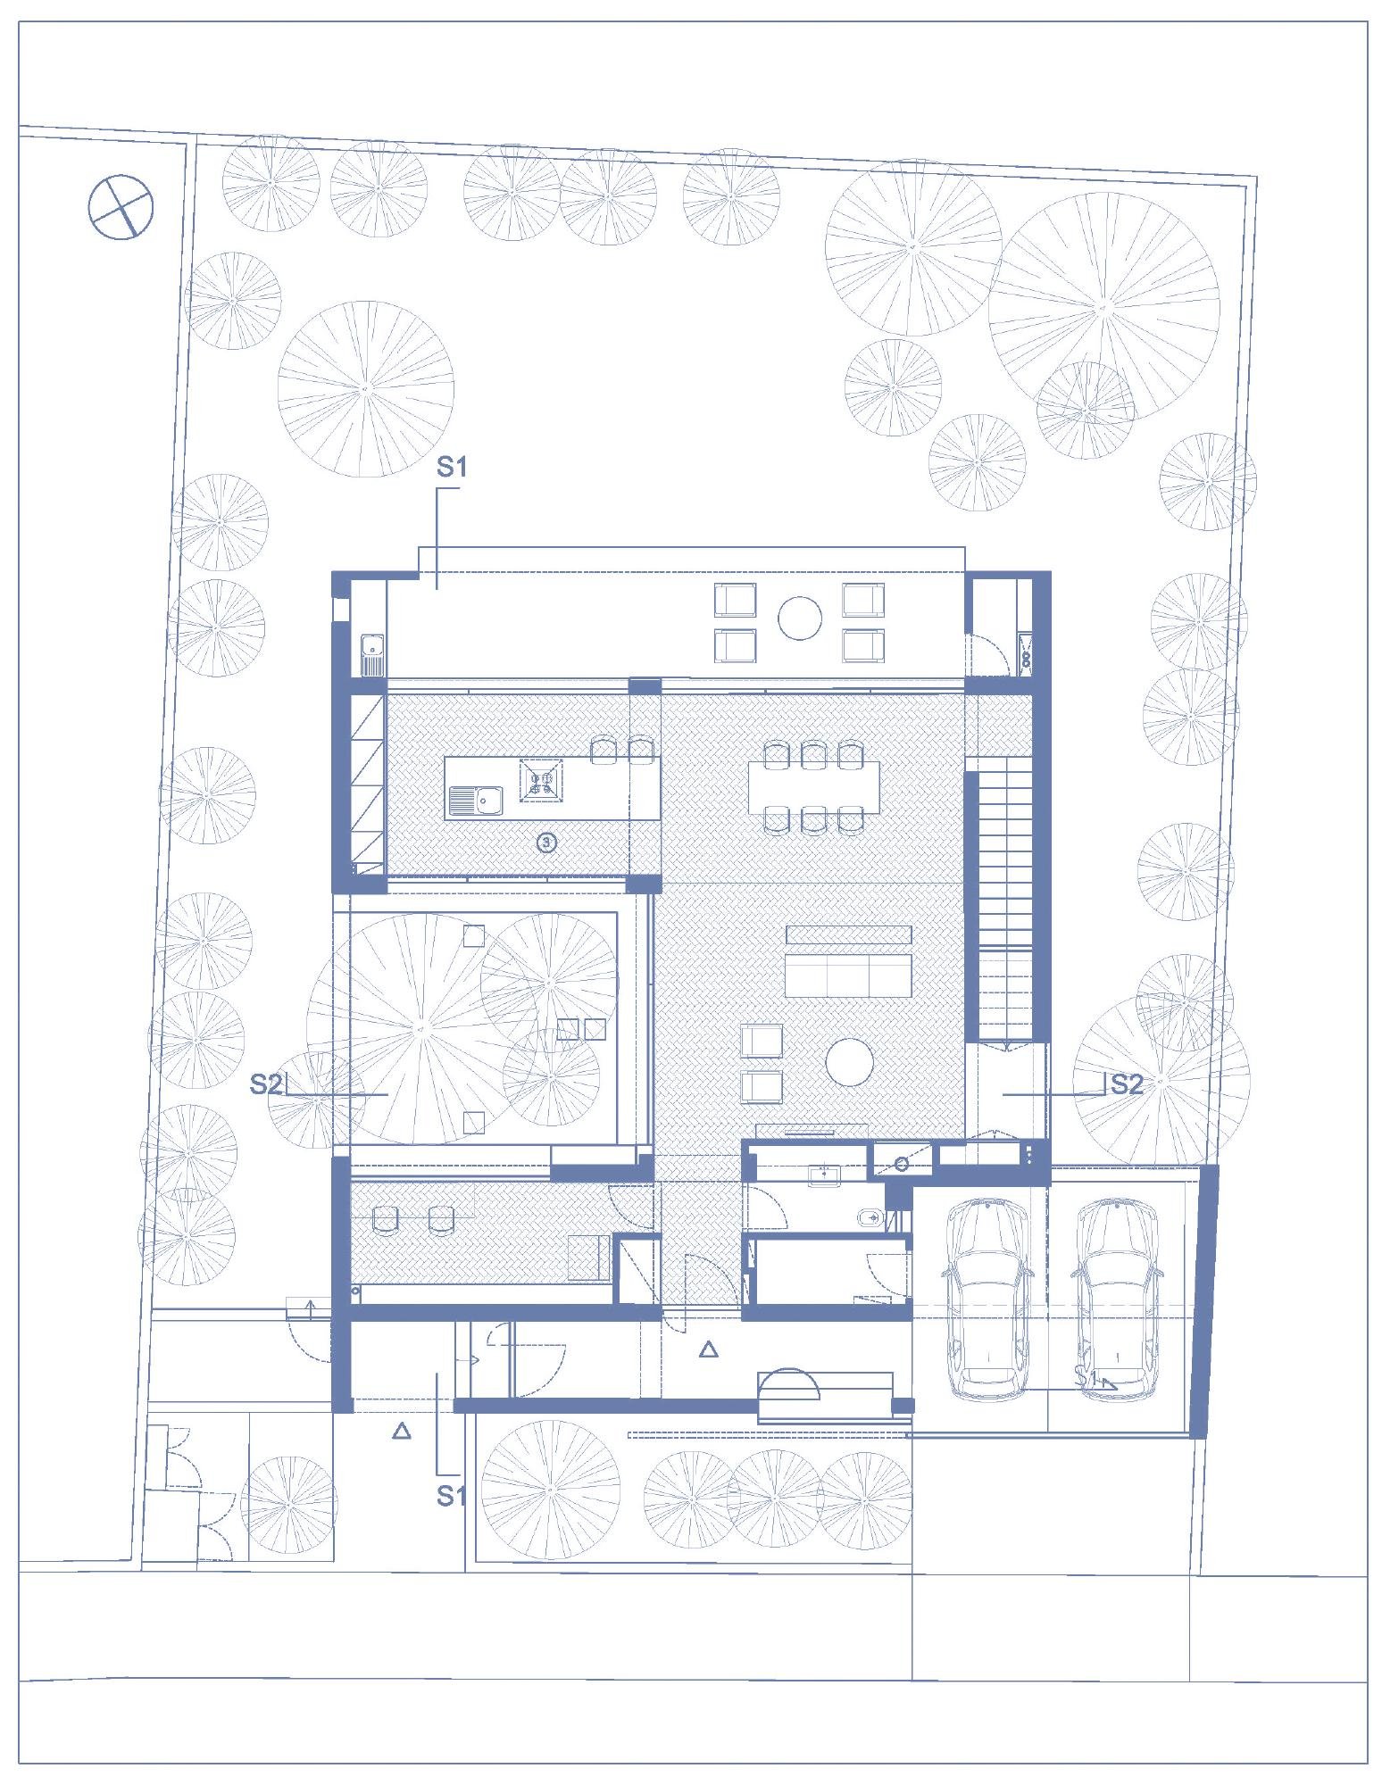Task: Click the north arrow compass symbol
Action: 121,206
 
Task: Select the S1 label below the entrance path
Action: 452,1495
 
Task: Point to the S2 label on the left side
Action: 266,1084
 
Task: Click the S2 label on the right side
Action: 1126,1083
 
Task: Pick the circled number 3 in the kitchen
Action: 547,842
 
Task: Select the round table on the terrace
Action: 799,618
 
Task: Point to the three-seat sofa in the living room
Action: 848,975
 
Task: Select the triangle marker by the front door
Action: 709,1349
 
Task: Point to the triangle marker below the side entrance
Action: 402,1431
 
